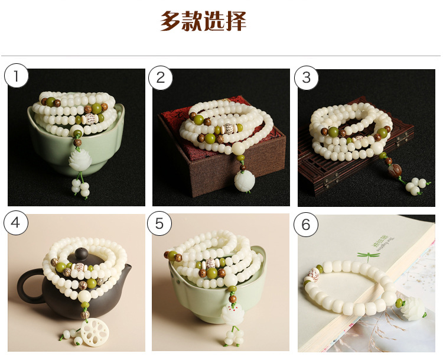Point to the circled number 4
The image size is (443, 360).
point(17,223)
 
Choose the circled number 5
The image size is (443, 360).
point(160,223)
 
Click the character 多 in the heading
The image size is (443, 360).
point(171,21)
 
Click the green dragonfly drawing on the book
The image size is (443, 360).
point(362,257)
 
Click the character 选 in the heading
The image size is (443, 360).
point(214,21)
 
